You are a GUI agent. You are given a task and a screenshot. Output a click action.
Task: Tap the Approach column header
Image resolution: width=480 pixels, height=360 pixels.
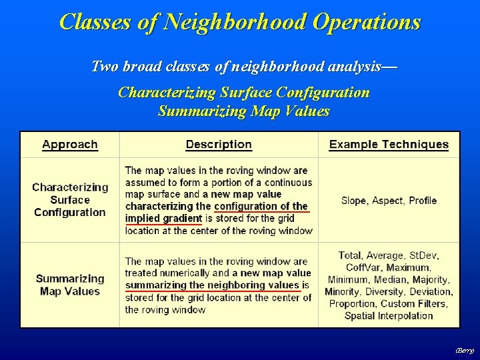tap(70, 145)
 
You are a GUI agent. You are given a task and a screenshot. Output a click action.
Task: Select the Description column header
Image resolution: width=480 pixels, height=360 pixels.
tap(219, 145)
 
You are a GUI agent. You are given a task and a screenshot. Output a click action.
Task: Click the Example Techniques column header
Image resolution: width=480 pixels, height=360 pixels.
tap(389, 145)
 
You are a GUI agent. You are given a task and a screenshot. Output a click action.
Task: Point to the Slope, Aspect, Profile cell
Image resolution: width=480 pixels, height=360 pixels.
tap(389, 200)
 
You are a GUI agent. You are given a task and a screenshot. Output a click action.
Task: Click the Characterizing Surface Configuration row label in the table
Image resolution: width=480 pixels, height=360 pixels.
tap(70, 200)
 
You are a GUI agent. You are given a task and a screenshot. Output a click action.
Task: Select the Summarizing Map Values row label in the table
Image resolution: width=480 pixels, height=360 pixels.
tap(70, 285)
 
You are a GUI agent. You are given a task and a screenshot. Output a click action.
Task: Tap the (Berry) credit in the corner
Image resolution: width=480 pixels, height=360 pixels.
tap(464, 349)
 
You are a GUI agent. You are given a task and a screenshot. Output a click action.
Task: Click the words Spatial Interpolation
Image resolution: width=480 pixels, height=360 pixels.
tap(389, 315)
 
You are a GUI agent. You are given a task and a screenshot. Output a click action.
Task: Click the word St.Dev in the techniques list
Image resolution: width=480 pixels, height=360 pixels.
tap(423, 255)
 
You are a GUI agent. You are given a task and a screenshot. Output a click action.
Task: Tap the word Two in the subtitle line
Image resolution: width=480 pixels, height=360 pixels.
tap(103, 67)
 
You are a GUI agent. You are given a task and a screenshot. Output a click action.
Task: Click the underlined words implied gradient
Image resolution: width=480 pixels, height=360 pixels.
tap(163, 219)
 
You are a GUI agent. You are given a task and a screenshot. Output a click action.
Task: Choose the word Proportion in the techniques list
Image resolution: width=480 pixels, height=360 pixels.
tap(351, 303)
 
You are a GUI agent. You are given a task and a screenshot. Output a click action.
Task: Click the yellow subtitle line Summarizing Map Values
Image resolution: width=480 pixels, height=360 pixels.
tap(243, 111)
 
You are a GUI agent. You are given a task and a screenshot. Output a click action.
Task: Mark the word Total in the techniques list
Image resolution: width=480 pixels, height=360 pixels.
tap(351, 255)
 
